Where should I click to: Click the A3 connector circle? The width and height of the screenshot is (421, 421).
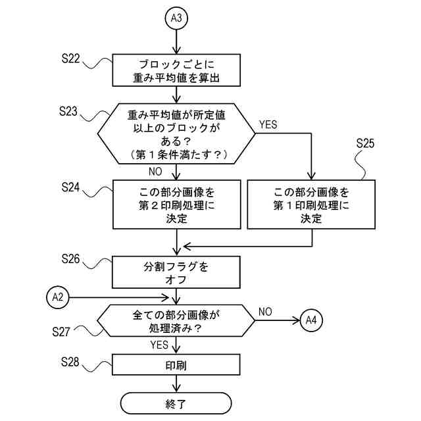pyautogui.click(x=176, y=18)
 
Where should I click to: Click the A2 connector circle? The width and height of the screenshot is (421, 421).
pyautogui.click(x=58, y=297)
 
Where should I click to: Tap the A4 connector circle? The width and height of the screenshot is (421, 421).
pyautogui.click(x=311, y=321)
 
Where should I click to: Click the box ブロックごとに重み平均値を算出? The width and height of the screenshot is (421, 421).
pyautogui.click(x=176, y=71)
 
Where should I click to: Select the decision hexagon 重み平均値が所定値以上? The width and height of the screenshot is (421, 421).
pyautogui.click(x=176, y=134)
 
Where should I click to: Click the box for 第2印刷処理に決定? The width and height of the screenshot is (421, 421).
pyautogui.click(x=176, y=205)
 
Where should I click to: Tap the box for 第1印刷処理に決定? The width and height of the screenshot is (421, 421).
pyautogui.click(x=311, y=205)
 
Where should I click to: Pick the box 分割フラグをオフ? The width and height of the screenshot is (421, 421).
pyautogui.click(x=176, y=273)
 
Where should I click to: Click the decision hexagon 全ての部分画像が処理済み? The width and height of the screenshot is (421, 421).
pyautogui.click(x=176, y=321)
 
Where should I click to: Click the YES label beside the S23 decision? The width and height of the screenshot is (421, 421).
pyautogui.click(x=269, y=124)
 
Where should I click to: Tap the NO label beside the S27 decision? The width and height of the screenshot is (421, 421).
pyautogui.click(x=265, y=310)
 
